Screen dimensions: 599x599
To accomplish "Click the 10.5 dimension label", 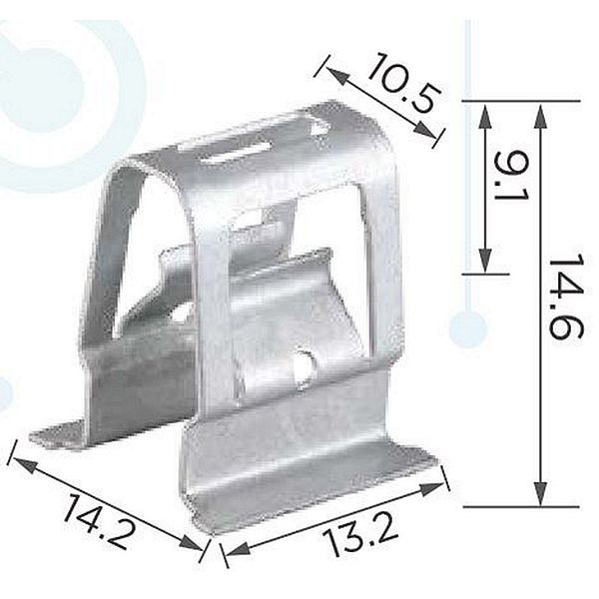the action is coord(405,83).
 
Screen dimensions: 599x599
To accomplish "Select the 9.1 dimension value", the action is coord(511,177).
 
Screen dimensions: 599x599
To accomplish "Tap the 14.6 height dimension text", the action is coord(566,297).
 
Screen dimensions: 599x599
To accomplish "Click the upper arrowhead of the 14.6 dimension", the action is coord(540,116).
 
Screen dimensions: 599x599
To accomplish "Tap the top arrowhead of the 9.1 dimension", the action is coord(485,116).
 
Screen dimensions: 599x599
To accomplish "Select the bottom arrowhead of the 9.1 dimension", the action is coord(485,261).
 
